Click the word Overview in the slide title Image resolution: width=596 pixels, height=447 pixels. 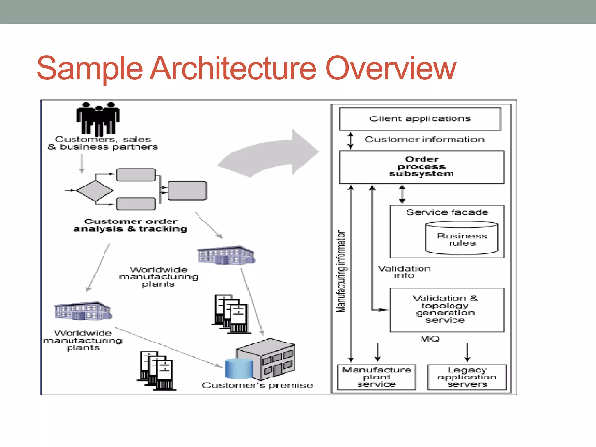tap(390, 68)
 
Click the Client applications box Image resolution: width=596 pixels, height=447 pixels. tap(420, 119)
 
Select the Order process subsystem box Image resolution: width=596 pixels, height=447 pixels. tap(421, 167)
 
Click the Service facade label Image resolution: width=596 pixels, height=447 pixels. tap(447, 212)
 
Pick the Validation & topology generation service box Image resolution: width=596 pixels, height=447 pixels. tap(446, 310)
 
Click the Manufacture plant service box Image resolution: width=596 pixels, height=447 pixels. tap(376, 377)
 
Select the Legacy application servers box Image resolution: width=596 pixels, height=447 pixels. tap(467, 377)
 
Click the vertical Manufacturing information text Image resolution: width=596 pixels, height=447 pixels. tap(341, 271)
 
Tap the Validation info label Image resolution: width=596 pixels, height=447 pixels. tap(404, 272)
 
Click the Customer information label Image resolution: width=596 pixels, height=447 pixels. tap(424, 140)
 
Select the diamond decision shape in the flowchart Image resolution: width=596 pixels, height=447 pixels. tap(95, 191)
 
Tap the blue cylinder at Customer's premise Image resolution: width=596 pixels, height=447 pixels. tap(239, 368)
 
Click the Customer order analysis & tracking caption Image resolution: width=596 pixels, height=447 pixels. tap(130, 226)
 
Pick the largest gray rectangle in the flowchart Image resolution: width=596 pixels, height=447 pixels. tap(187, 191)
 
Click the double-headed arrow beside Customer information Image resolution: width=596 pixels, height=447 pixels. tap(351, 141)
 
